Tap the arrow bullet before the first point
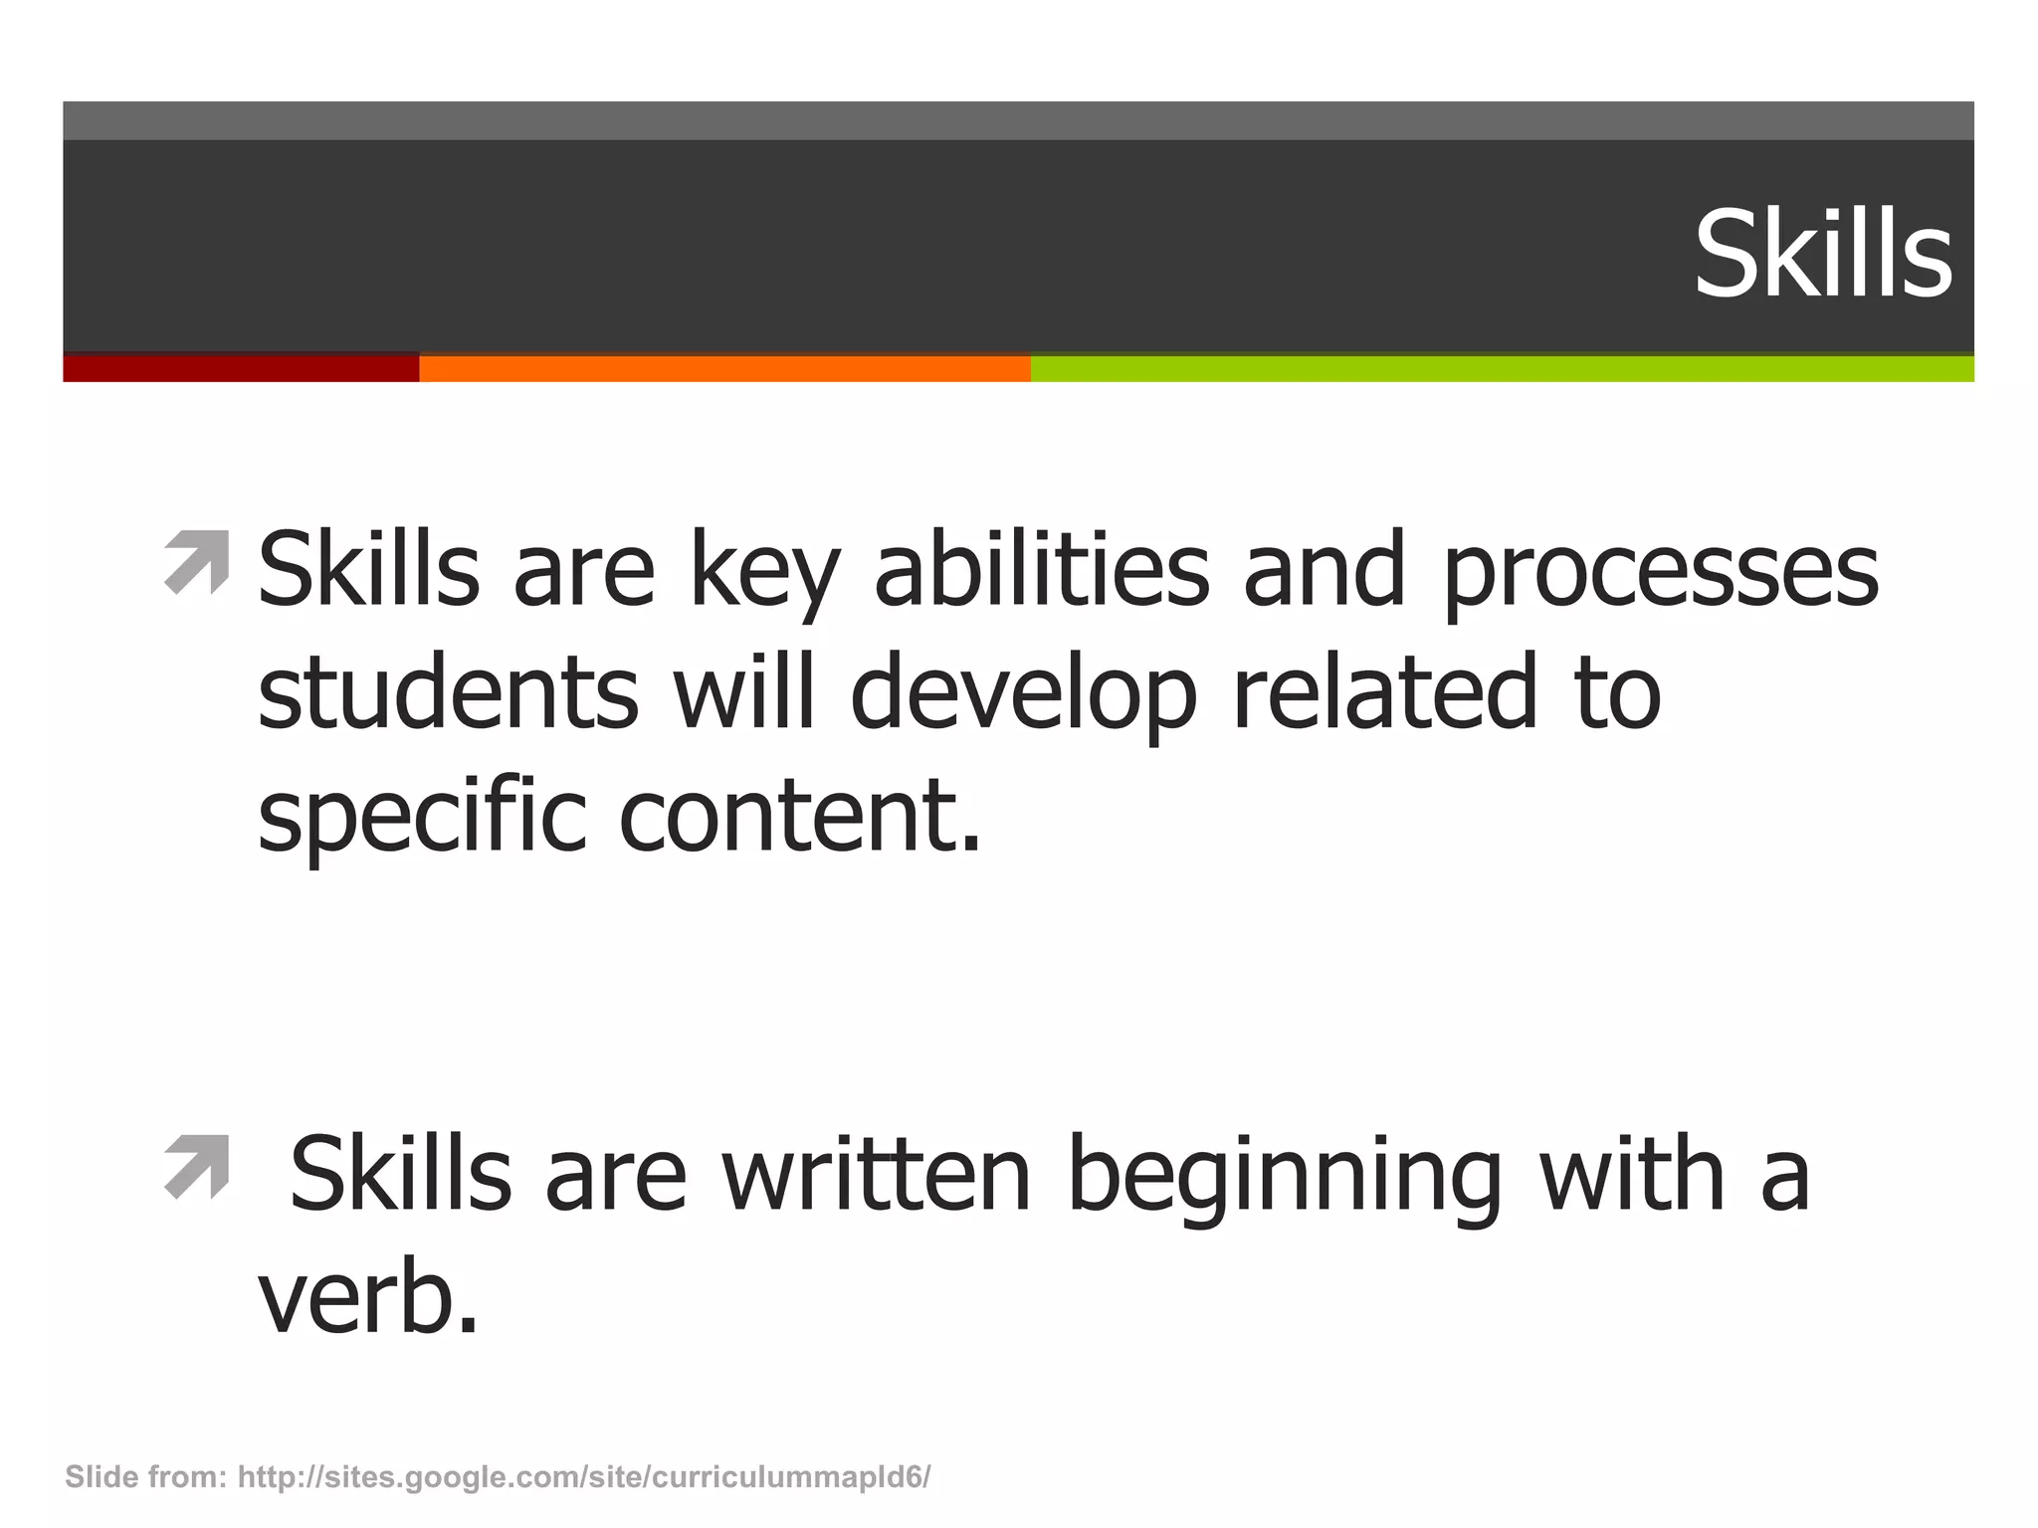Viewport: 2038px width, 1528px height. pyautogui.click(x=196, y=564)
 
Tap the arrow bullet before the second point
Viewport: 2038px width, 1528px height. pyautogui.click(x=196, y=1167)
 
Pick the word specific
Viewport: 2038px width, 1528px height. pyautogui.click(x=422, y=818)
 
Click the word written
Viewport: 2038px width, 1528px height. pyautogui.click(x=877, y=1176)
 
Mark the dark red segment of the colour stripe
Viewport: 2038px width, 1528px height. pyautogui.click(x=241, y=368)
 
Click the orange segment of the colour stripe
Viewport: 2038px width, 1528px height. pyautogui.click(x=724, y=368)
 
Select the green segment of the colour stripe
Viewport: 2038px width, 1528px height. pyautogui.click(x=1502, y=368)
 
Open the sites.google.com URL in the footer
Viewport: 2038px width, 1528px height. pyautogui.click(x=584, y=1477)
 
